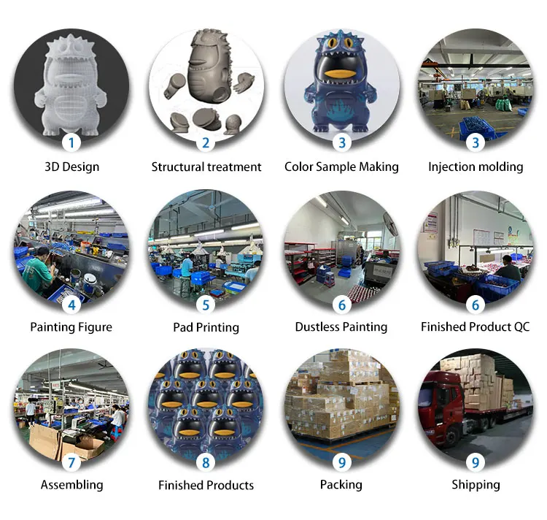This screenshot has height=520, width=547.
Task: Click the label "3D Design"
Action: tap(71, 167)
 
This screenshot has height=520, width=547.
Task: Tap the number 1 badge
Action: tap(71, 142)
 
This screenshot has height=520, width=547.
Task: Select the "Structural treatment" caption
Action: tap(206, 167)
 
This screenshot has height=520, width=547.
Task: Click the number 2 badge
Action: tap(206, 142)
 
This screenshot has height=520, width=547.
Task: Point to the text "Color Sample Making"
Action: tap(341, 167)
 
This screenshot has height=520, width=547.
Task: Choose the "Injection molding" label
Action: tap(476, 167)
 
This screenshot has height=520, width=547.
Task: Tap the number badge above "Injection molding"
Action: tap(476, 142)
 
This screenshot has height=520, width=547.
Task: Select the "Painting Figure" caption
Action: tap(71, 326)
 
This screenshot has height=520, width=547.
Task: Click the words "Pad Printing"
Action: tap(206, 327)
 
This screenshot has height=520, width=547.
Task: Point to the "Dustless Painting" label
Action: tap(341, 326)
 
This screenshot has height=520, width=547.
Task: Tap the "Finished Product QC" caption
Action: tap(476, 326)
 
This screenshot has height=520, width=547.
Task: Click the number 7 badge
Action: tap(71, 462)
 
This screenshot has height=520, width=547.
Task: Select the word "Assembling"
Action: tap(71, 484)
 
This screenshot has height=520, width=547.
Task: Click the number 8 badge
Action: tap(206, 462)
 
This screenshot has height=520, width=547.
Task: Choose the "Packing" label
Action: tap(341, 484)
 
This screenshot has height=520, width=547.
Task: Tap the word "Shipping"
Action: tap(476, 484)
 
